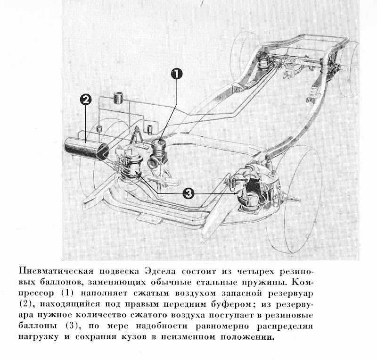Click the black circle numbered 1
point(177,73)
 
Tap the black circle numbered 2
point(86,99)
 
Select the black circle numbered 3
point(188,193)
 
